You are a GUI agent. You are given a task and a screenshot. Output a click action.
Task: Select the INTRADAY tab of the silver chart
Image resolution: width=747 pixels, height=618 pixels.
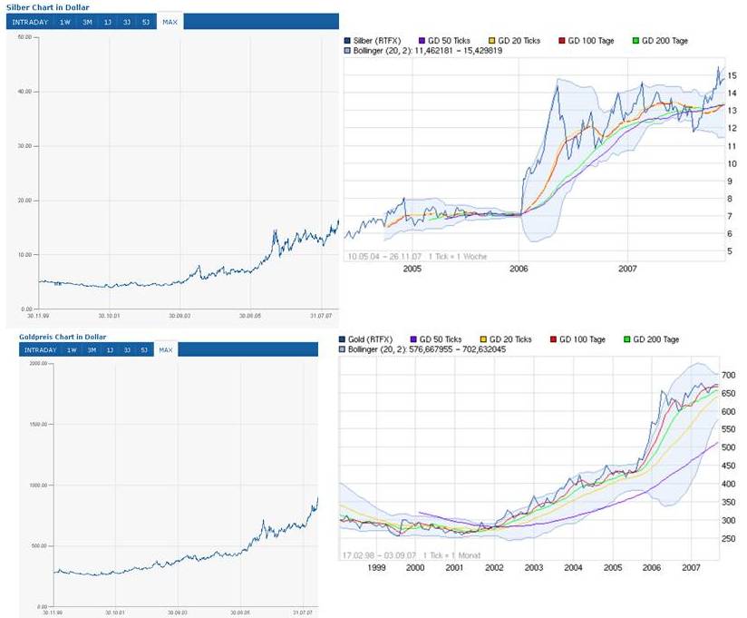[x=29, y=21]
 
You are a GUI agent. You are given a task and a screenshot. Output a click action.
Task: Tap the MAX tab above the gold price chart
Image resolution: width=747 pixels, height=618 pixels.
[x=166, y=349]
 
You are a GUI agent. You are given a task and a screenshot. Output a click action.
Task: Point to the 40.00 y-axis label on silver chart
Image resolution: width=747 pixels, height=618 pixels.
[x=24, y=92]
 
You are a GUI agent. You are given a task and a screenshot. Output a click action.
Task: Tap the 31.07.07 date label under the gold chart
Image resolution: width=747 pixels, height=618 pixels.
[x=300, y=613]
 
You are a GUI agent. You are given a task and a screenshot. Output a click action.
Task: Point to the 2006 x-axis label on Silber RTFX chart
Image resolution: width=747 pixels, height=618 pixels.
[x=519, y=269]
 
